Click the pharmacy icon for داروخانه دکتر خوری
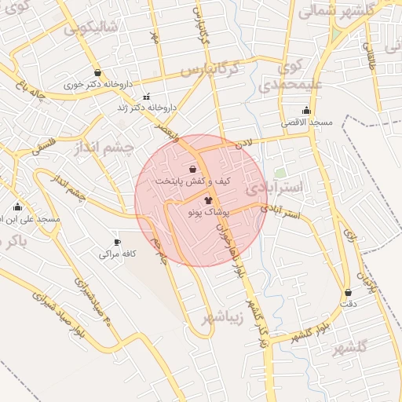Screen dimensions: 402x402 point(97,72)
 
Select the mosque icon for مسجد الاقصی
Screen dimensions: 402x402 point(306,111)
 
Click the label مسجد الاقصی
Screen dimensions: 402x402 point(309,123)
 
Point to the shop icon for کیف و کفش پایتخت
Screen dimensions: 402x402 point(193,169)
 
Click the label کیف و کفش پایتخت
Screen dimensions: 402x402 point(193,181)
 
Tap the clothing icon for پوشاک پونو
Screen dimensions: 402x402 point(196,200)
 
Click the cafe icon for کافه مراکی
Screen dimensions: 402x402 point(117,243)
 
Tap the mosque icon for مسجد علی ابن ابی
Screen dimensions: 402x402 point(17,208)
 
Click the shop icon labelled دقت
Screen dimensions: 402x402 point(348,292)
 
